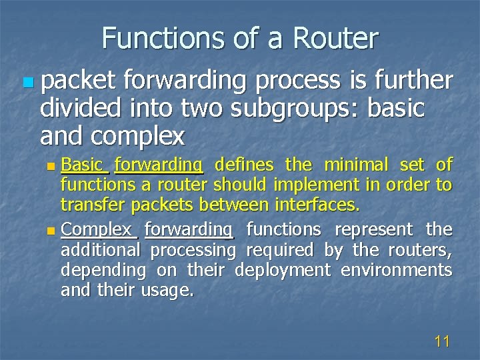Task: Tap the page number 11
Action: point(442,342)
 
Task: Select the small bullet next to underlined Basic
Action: point(53,166)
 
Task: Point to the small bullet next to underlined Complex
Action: point(53,231)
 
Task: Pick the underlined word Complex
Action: point(98,229)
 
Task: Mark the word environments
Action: point(396,270)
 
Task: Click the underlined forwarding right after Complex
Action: point(189,229)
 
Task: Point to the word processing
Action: point(193,250)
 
